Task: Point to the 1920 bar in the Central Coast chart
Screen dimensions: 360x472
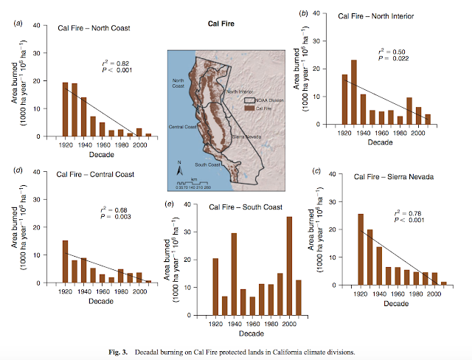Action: (x=65, y=262)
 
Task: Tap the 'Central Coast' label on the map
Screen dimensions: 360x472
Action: (x=184, y=127)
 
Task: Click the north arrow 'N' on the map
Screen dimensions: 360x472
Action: (x=178, y=162)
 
